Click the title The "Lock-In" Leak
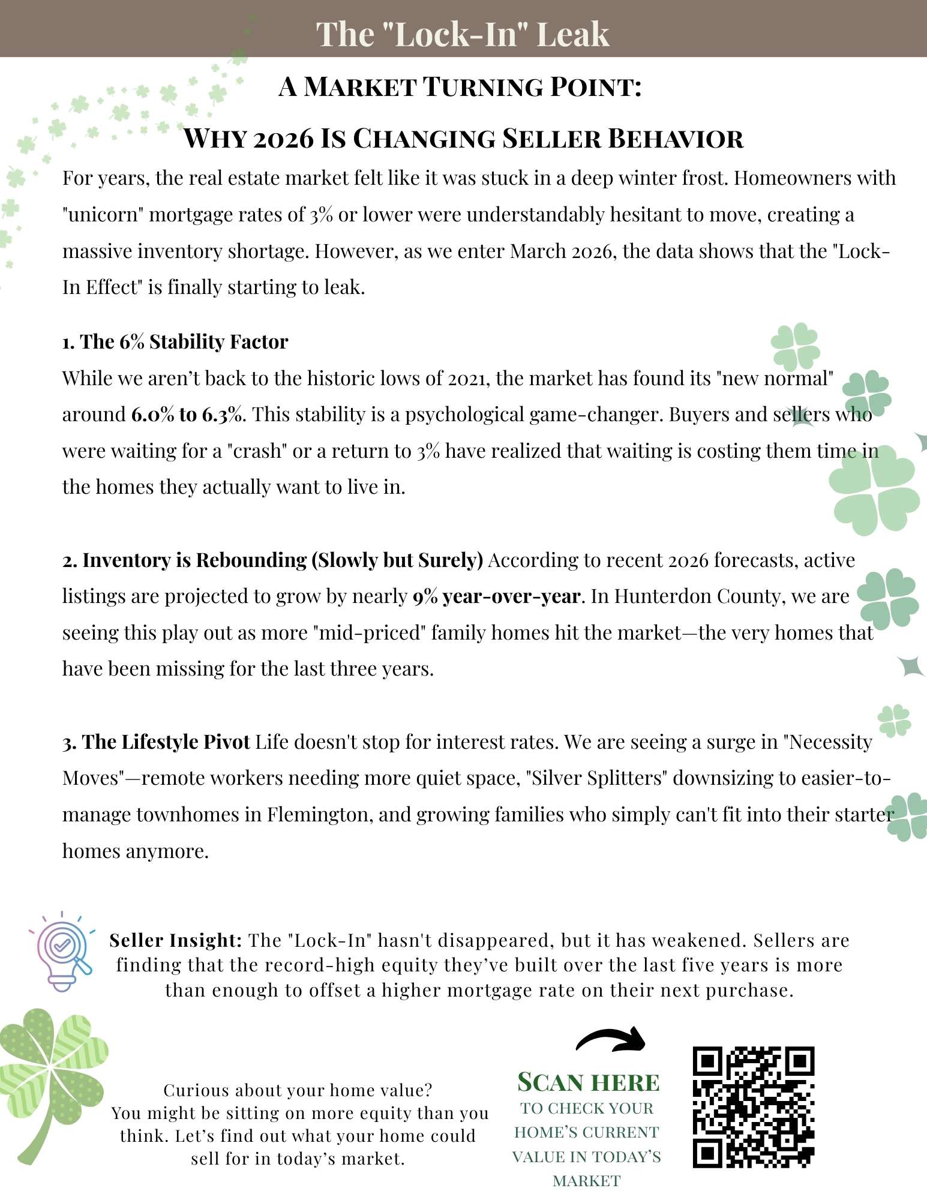click(x=463, y=34)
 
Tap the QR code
click(x=754, y=1107)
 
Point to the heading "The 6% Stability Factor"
click(x=175, y=341)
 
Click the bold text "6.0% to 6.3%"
click(x=187, y=414)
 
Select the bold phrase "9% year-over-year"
click(x=496, y=596)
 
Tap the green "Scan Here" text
click(x=588, y=1082)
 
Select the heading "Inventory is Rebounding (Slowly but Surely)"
click(x=273, y=560)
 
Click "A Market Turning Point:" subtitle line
click(x=460, y=86)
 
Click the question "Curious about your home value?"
click(x=298, y=1090)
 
